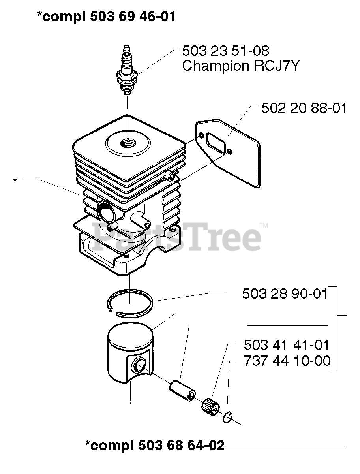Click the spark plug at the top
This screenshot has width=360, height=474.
(x=127, y=71)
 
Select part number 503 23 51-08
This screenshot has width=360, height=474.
(x=226, y=51)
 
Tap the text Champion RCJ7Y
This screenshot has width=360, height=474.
(x=240, y=66)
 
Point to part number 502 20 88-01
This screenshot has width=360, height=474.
(x=304, y=108)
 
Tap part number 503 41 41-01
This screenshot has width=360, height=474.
(x=286, y=345)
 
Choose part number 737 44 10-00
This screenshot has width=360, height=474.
(x=287, y=361)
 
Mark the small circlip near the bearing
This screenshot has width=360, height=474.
(x=228, y=416)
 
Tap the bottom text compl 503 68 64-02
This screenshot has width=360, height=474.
(x=155, y=446)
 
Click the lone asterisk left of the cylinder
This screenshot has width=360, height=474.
(x=15, y=181)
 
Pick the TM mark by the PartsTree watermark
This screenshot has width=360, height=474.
(x=264, y=226)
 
